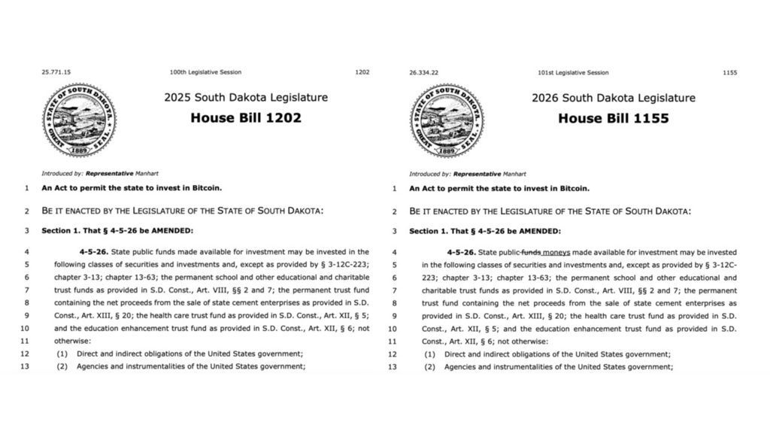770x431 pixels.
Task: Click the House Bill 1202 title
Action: (246, 118)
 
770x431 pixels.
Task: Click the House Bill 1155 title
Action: (613, 118)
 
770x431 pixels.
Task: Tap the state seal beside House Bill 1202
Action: (79, 120)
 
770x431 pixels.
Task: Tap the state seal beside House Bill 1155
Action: (447, 120)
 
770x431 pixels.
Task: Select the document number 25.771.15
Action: (56, 73)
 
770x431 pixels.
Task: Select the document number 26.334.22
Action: (424, 73)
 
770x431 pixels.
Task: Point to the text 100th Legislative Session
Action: (205, 73)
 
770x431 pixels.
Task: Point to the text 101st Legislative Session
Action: (573, 73)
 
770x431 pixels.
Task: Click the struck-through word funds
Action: (532, 252)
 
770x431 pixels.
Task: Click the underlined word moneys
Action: (556, 252)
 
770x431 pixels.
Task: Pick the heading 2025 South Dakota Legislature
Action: (246, 98)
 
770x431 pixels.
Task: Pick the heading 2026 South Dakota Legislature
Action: (613, 98)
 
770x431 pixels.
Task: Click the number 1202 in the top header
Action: (362, 73)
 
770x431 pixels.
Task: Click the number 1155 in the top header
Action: (729, 73)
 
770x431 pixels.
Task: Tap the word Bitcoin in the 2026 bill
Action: (574, 188)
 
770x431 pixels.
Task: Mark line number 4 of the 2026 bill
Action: (394, 252)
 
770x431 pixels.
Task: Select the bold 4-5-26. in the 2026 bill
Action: (461, 252)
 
